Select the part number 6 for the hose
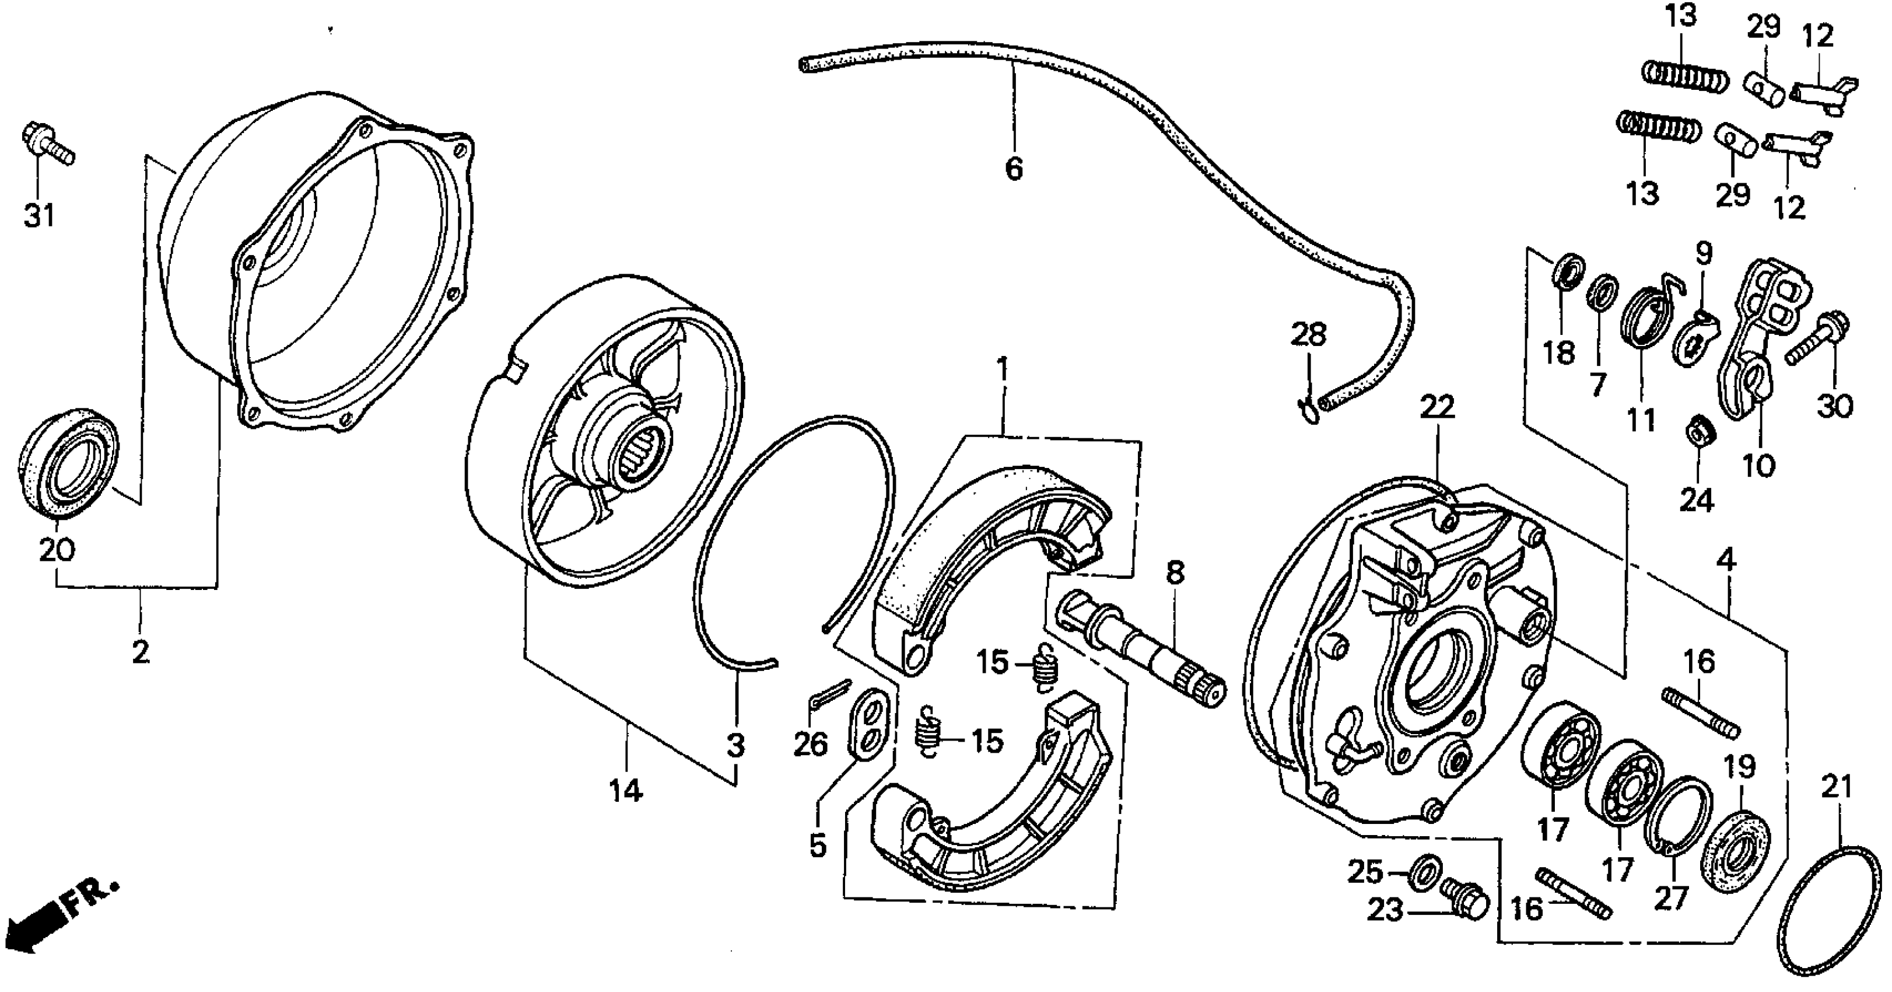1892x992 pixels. [1014, 170]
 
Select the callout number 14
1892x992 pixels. [625, 791]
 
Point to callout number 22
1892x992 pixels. [1436, 408]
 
